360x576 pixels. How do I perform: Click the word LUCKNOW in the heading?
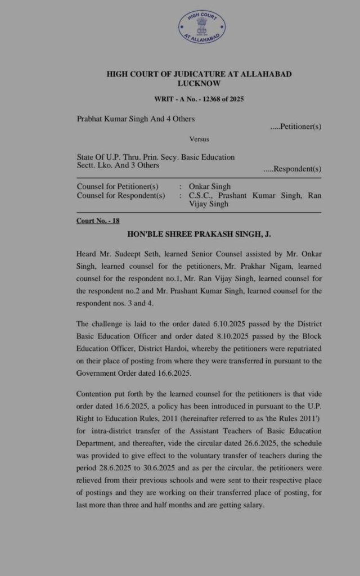[199, 83]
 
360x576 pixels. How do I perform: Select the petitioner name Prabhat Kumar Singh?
[112, 119]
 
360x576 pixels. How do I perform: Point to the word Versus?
[199, 139]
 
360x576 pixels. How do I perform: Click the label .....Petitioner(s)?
[295, 127]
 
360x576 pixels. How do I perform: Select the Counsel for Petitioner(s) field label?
[118, 187]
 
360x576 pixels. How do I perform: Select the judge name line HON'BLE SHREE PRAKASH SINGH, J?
[199, 233]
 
